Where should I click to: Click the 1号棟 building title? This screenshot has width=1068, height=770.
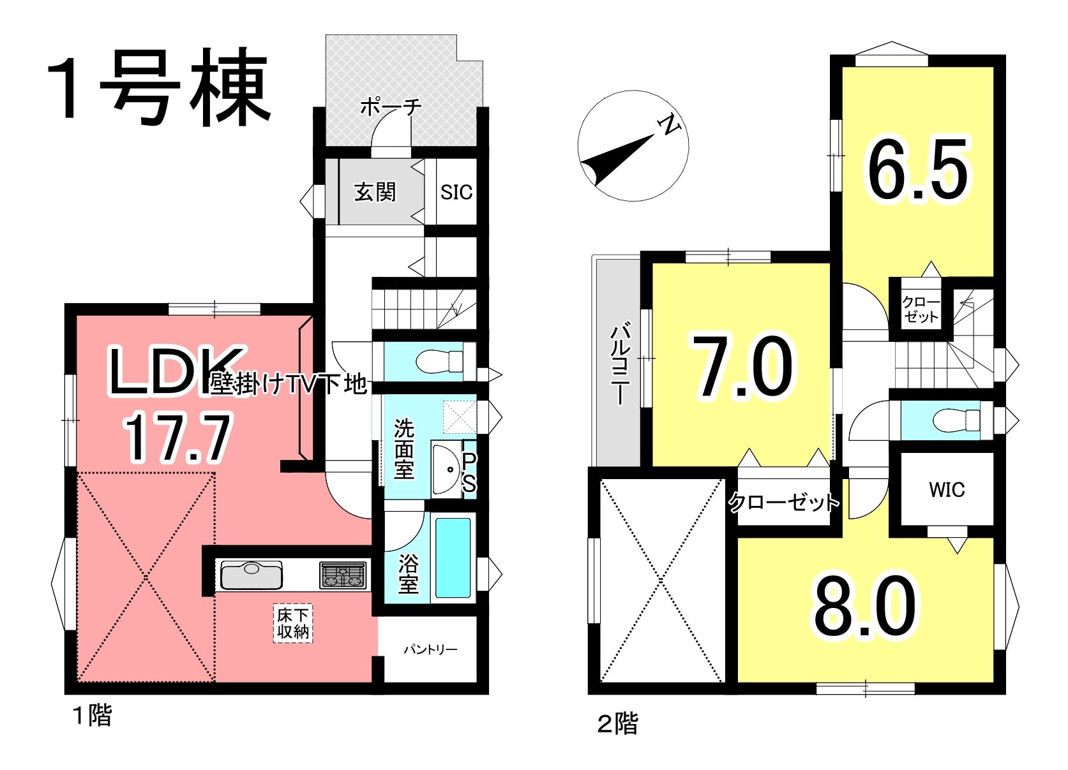point(158,87)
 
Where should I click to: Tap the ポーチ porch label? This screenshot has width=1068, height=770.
point(391,107)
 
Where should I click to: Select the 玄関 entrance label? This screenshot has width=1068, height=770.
point(375,192)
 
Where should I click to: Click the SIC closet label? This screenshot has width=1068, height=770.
point(456,192)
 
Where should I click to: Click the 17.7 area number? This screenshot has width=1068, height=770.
point(177,438)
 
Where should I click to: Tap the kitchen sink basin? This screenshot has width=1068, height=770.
point(252,575)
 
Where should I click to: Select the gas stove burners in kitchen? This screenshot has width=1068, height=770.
point(343,575)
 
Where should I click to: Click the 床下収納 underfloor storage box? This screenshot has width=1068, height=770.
point(293,623)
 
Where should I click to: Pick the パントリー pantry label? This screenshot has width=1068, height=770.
point(430,649)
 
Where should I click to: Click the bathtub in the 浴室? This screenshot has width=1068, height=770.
point(453,558)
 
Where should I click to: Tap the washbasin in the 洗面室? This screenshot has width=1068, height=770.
point(447,470)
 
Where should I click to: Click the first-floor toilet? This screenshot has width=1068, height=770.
point(439,362)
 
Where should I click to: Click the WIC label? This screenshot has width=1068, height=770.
point(947,489)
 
